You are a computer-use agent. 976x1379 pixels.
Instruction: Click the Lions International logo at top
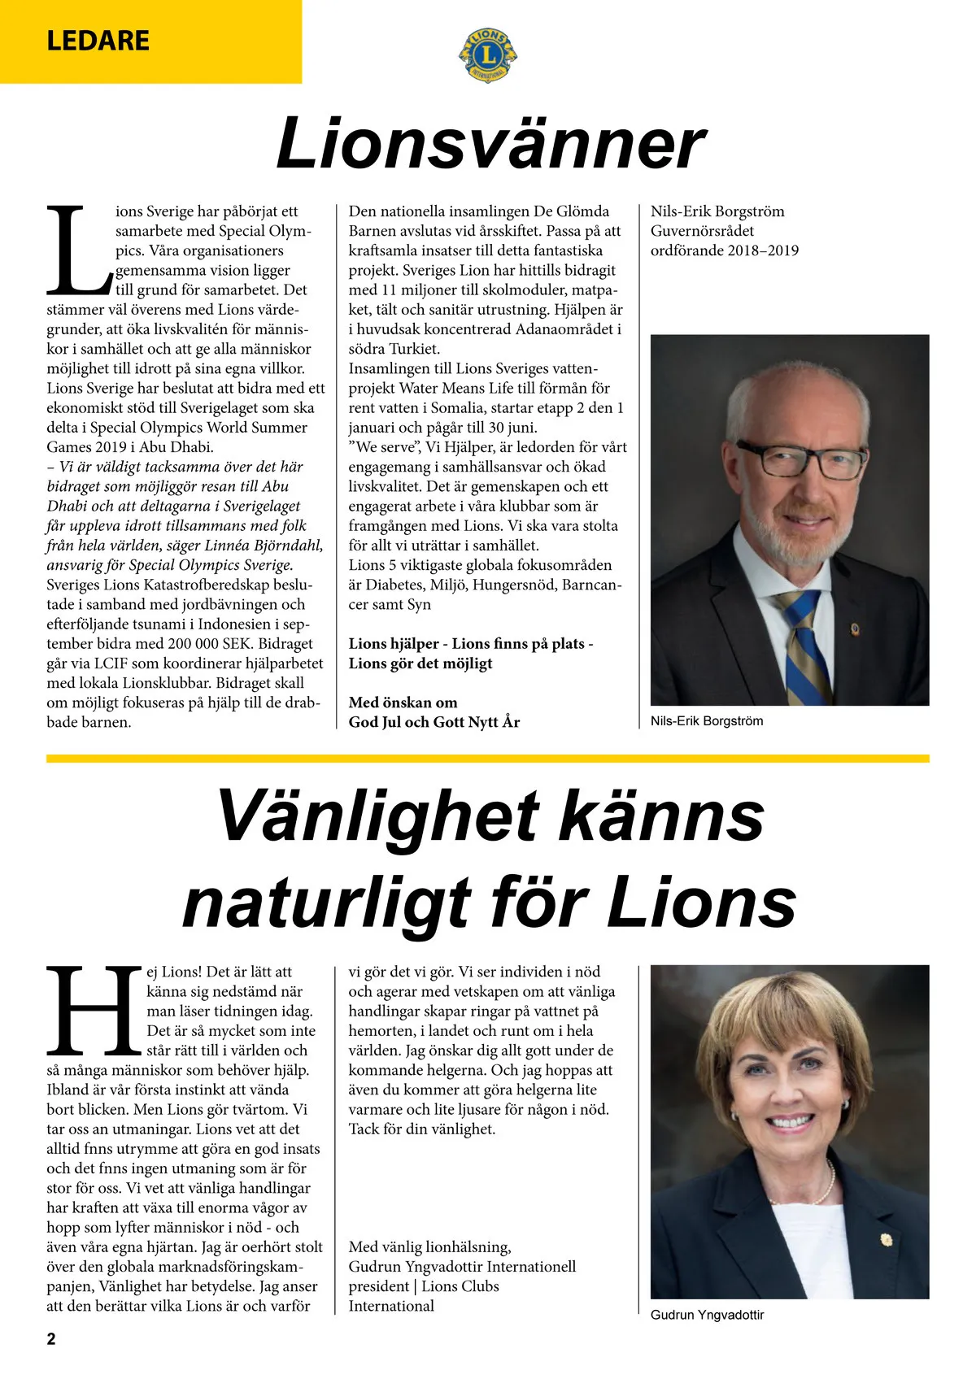pos(487,54)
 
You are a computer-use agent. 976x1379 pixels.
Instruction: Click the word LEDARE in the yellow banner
pos(98,41)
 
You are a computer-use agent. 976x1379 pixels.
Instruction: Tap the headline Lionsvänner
pos(490,144)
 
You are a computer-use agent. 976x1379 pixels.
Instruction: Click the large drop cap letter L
pos(78,250)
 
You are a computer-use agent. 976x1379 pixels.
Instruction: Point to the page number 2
pos(51,1338)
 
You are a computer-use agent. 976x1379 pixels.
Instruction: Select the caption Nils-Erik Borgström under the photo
pos(706,721)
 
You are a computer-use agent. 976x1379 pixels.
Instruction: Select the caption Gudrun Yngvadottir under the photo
pos(707,1315)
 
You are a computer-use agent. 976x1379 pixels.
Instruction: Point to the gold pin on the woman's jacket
pos(886,1240)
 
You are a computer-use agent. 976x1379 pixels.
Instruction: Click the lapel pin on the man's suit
pos(900,629)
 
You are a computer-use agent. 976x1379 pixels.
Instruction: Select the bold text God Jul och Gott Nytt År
pos(434,722)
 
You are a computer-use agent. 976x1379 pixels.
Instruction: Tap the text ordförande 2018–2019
pos(724,250)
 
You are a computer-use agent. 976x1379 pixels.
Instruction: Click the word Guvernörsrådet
pos(702,231)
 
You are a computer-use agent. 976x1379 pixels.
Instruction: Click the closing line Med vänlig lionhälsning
pos(429,1247)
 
